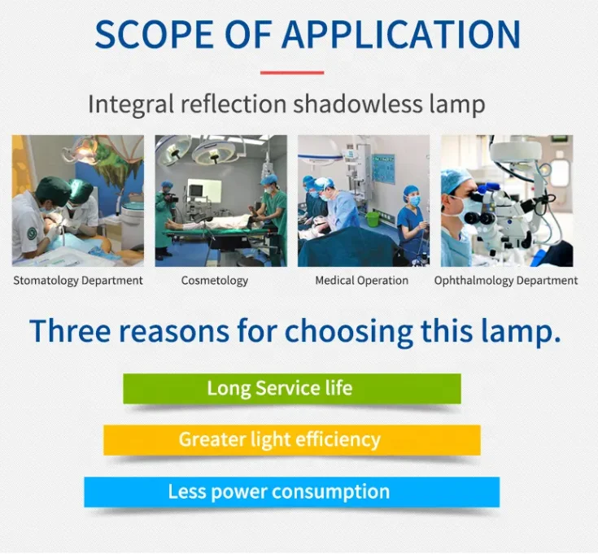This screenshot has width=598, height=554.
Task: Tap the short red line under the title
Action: (292, 72)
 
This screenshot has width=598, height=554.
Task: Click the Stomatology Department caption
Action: (78, 281)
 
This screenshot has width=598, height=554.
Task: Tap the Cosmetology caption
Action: (215, 281)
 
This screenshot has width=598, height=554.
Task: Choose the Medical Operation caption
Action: (361, 281)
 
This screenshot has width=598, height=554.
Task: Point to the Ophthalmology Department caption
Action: (506, 281)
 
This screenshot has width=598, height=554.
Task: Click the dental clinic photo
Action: (78, 201)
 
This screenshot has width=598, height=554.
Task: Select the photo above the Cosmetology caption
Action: (221, 201)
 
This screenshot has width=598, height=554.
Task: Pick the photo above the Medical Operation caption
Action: (364, 201)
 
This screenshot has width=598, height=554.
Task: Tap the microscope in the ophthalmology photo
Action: (496, 203)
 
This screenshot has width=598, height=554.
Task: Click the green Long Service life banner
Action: (292, 388)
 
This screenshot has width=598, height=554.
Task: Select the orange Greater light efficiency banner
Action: (292, 440)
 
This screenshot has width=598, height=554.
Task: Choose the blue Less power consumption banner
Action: (292, 492)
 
